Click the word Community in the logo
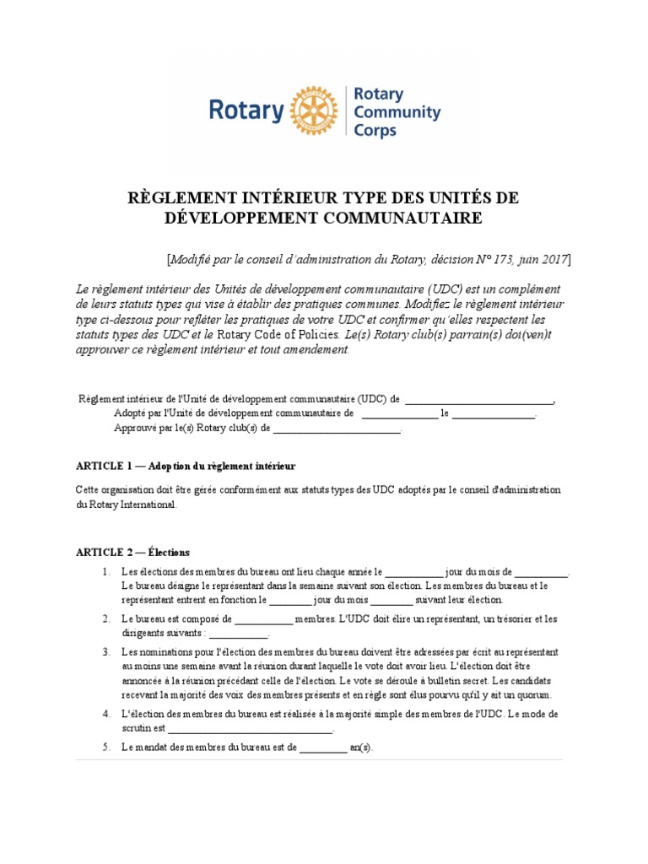tap(397, 111)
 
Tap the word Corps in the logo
tap(375, 130)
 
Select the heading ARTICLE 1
tap(104, 466)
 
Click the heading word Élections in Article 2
tap(169, 553)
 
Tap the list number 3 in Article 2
tap(106, 652)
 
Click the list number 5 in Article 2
tap(106, 748)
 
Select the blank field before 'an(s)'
tap(322, 748)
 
